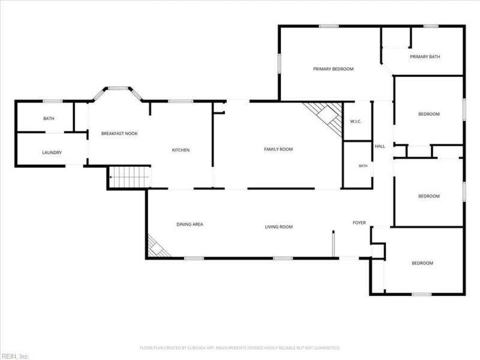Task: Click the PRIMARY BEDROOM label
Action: click(333, 69)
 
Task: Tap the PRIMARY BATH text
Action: click(425, 56)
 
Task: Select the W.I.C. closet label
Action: click(356, 122)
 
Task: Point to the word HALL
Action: click(380, 146)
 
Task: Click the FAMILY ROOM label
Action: click(278, 149)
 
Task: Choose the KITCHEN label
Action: click(181, 150)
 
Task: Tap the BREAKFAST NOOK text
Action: click(119, 133)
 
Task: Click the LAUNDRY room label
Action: click(52, 152)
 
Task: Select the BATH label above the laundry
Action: click(49, 118)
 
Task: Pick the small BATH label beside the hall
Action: click(363, 166)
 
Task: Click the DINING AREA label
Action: click(190, 224)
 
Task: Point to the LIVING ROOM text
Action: click(279, 227)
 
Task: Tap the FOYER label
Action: click(359, 223)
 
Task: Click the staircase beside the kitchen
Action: click(130, 177)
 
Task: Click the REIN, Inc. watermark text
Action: click(14, 356)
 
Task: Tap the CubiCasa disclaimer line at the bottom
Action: click(240, 348)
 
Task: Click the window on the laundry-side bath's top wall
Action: click(52, 101)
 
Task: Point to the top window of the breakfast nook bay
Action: click(118, 88)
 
